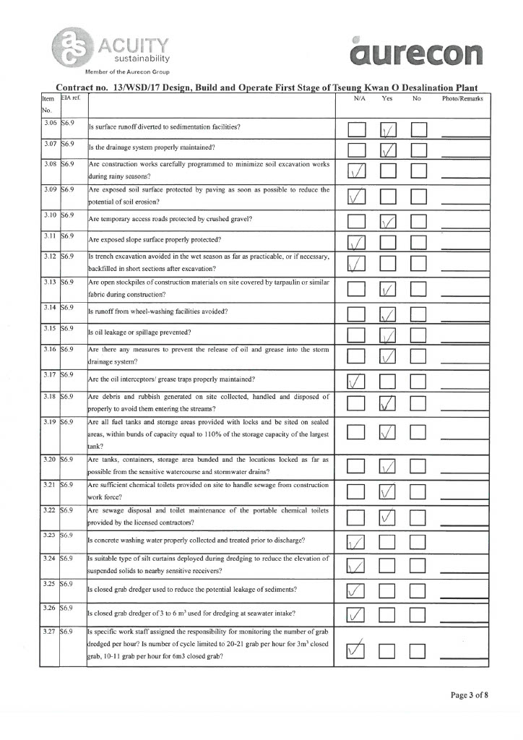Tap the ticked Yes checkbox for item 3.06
point(389,129)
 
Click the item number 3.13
point(50,283)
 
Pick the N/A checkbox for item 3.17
point(356,382)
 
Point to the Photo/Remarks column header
point(462,97)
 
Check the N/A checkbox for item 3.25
point(356,592)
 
